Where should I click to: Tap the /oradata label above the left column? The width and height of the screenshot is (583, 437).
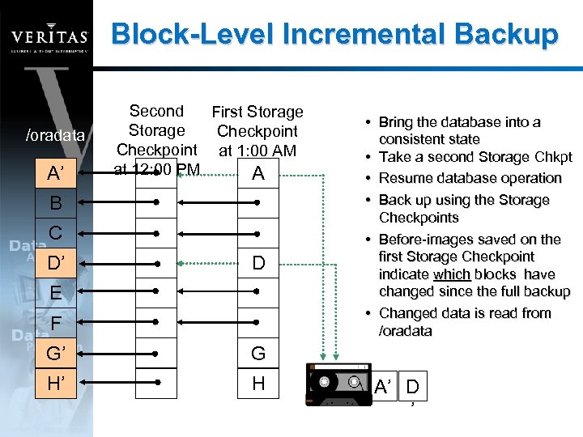pyautogui.click(x=55, y=134)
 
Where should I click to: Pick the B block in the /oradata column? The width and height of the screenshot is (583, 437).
pyautogui.click(x=55, y=203)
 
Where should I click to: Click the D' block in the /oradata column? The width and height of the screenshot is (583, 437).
pyautogui.click(x=55, y=263)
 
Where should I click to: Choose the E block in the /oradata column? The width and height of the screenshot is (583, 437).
pyautogui.click(x=55, y=293)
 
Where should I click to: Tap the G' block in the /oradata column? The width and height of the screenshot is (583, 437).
pyautogui.click(x=55, y=353)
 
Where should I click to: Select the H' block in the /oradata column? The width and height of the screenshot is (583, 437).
pyautogui.click(x=55, y=383)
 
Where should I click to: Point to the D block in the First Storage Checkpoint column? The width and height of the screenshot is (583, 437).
pyautogui.click(x=257, y=263)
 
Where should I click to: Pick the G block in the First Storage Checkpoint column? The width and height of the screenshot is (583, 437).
pyautogui.click(x=257, y=353)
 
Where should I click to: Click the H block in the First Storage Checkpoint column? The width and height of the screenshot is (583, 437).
pyautogui.click(x=257, y=383)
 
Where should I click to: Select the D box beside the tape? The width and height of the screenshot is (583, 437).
pyautogui.click(x=413, y=386)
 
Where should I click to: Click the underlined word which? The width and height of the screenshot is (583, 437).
pyautogui.click(x=452, y=274)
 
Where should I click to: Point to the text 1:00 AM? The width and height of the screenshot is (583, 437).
pyautogui.click(x=257, y=151)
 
